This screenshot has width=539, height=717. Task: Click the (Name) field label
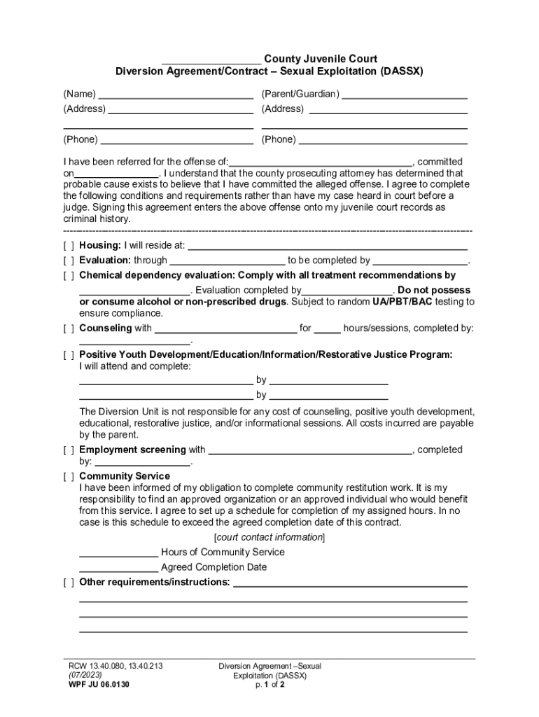click(x=80, y=94)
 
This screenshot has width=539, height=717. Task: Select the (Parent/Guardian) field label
click(x=300, y=94)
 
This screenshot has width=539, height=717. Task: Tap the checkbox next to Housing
click(x=69, y=246)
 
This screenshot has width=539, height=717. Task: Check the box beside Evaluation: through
click(x=69, y=260)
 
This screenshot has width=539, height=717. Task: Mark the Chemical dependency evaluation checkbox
click(x=69, y=276)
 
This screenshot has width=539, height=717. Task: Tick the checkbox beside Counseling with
click(x=69, y=328)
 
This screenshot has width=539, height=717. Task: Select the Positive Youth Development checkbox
click(x=69, y=355)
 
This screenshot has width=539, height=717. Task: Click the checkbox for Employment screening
click(x=69, y=450)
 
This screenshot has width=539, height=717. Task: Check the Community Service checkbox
click(x=69, y=477)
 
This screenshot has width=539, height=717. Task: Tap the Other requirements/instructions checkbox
click(x=69, y=583)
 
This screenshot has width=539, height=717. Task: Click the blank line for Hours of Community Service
click(x=118, y=552)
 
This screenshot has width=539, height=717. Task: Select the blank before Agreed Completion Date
click(x=118, y=567)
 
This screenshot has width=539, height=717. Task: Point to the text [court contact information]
click(x=269, y=537)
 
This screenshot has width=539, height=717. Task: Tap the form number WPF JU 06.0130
click(x=94, y=685)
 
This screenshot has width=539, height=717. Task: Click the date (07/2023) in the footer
click(x=82, y=676)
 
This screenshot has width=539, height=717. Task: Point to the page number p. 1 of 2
click(x=269, y=685)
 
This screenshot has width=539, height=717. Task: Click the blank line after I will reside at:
click(x=327, y=246)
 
